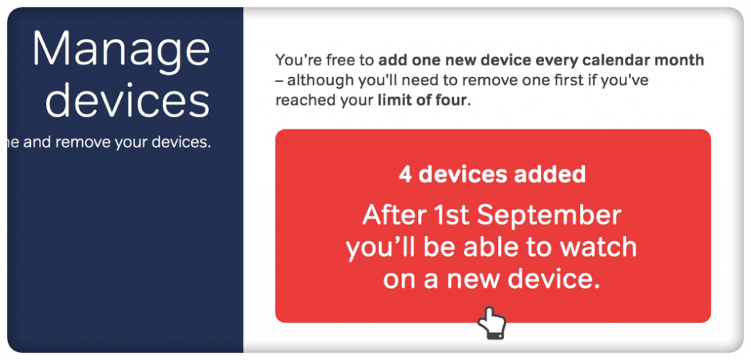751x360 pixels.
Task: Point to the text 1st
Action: pyautogui.click(x=450, y=216)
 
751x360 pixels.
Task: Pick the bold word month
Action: pyautogui.click(x=681, y=60)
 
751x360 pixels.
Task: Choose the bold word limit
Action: pyautogui.click(x=395, y=100)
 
